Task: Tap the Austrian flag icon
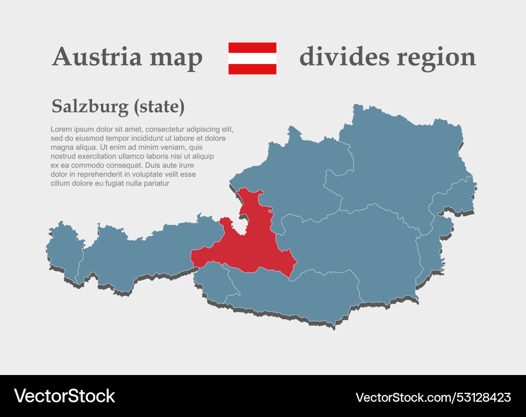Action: click(252, 58)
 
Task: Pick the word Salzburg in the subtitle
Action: click(90, 107)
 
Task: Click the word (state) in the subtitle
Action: click(159, 107)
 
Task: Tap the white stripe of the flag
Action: click(252, 58)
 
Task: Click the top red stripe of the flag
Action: click(252, 47)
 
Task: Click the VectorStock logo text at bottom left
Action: click(64, 396)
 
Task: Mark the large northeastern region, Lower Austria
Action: click(400, 163)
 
